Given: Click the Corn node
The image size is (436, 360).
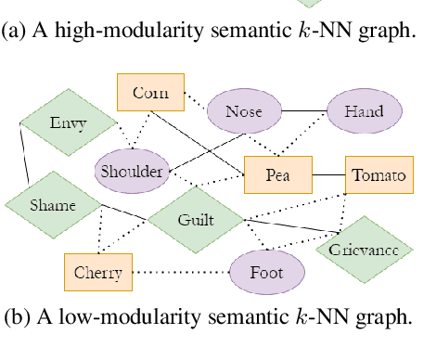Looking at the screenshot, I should point(150,93).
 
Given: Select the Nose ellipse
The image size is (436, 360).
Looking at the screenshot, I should point(243,111).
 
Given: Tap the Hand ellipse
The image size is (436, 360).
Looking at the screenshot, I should point(364,111).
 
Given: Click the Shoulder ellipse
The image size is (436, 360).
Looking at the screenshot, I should point(131,171).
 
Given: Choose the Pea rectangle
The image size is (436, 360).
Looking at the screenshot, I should point(275,174).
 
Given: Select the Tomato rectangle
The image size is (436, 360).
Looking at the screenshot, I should point(378,174).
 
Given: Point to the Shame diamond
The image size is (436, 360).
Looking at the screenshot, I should point(52,205).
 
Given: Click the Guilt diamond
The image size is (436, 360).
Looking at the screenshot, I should point(195,220).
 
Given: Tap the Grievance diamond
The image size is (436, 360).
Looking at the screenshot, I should point(364,249).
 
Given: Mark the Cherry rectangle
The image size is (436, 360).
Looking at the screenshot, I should point(98,272).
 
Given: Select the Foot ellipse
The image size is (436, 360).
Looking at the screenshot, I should point(266,273).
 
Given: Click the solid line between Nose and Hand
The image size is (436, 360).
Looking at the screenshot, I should point(303,111).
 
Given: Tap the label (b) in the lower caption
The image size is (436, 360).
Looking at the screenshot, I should point(17,317).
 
